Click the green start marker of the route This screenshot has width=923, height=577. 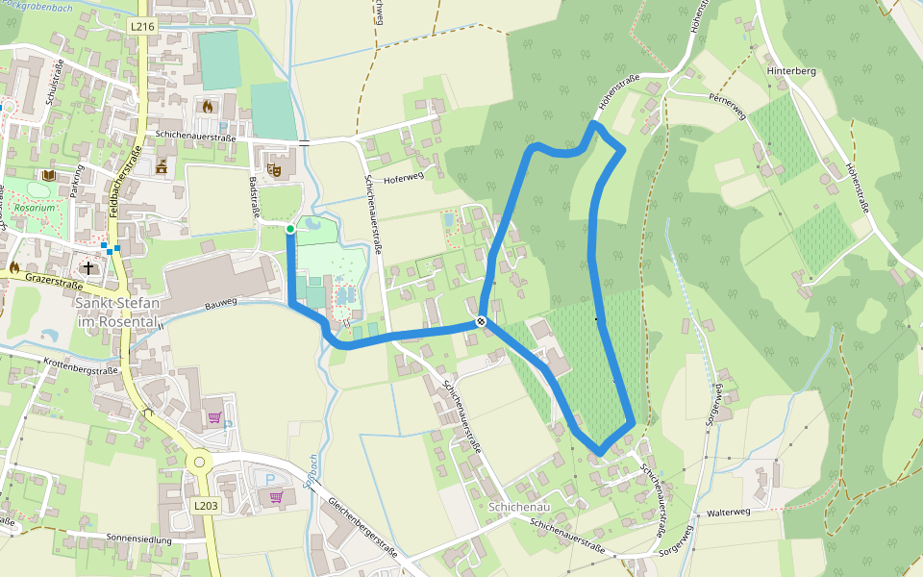[290, 229]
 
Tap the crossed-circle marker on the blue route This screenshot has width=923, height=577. [480, 321]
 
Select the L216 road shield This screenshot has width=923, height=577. [142, 27]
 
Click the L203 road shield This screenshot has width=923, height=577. [206, 505]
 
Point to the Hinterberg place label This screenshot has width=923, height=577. [791, 71]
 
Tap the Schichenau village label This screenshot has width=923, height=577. [518, 506]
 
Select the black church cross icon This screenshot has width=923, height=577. [88, 268]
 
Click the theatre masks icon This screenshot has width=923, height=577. [274, 169]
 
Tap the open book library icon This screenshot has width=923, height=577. [49, 175]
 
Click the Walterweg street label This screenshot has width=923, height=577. [728, 512]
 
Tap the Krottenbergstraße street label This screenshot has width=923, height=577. [82, 368]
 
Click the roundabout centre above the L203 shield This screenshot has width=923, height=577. [200, 463]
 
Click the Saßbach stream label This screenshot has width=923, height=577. [310, 472]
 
